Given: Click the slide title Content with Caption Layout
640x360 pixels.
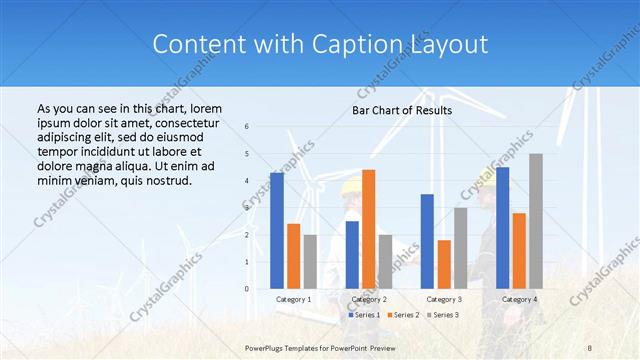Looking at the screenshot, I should click(320, 45).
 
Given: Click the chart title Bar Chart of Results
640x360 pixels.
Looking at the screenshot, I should click(401, 110).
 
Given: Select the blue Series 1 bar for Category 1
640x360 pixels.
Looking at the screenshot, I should click(276, 230).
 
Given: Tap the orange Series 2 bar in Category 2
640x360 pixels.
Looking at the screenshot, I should click(368, 229).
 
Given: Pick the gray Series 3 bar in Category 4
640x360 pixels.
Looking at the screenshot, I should click(536, 221).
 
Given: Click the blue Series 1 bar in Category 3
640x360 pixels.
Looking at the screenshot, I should click(427, 241).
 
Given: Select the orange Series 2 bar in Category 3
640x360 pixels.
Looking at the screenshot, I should click(444, 264).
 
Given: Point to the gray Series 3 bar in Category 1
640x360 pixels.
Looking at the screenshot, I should click(310, 261).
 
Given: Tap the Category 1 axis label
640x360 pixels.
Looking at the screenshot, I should click(293, 299).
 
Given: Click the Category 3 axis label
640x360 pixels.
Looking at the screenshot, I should click(443, 299).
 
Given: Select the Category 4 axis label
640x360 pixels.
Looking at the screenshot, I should click(519, 299).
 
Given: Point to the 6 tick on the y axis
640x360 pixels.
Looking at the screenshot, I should click(247, 127).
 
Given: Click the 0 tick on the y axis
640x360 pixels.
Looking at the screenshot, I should click(247, 289).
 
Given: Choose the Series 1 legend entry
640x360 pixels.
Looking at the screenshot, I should click(364, 315).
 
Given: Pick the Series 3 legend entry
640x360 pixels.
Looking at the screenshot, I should click(444, 315).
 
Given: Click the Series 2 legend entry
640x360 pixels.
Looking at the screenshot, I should click(404, 315).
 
